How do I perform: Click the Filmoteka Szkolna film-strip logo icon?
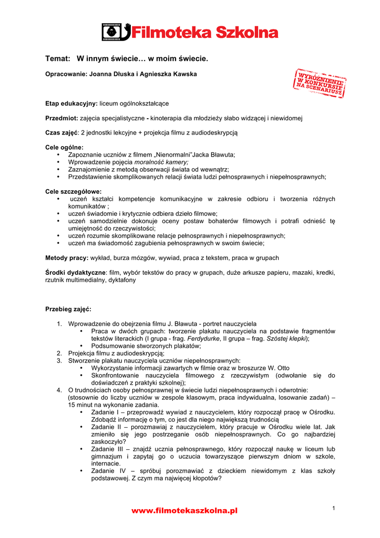coord(116,32)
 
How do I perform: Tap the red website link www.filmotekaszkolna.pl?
coord(184,510)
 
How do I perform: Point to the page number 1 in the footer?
coord(334,507)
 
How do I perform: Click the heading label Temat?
coord(57,58)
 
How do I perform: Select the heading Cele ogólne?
coord(64,148)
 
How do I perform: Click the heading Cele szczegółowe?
coord(74,192)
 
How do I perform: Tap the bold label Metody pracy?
coord(67,258)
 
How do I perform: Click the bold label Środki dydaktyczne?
coord(75,273)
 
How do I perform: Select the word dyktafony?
coord(122,280)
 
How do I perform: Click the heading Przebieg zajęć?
coord(68,309)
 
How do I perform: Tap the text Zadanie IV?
coord(107,471)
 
